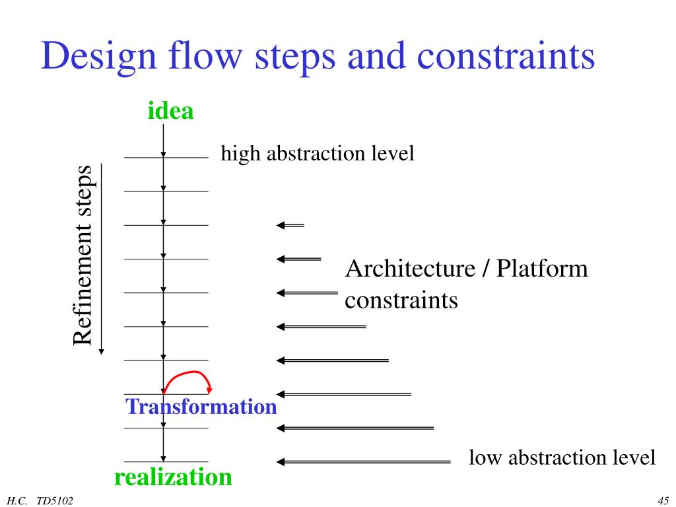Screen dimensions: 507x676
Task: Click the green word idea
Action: [x=170, y=111]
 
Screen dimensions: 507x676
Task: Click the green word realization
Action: [x=173, y=477]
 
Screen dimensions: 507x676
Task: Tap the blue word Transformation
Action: [x=201, y=407]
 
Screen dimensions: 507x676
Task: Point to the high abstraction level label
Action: [x=317, y=154]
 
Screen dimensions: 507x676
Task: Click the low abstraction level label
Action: [x=562, y=457]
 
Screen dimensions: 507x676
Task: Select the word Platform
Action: [x=542, y=269]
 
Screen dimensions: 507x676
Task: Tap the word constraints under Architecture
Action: [x=401, y=301]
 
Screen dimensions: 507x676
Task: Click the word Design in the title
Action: [x=91, y=57]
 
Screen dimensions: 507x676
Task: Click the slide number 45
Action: [x=663, y=500]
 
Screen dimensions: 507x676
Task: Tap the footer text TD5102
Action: [x=55, y=500]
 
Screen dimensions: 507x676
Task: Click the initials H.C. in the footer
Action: [x=18, y=500]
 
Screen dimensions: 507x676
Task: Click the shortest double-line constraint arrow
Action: [x=290, y=226]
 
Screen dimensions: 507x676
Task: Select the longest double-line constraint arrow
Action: [x=363, y=461]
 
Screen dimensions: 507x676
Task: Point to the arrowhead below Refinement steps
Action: [x=101, y=351]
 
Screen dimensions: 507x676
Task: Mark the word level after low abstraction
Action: [x=633, y=457]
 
